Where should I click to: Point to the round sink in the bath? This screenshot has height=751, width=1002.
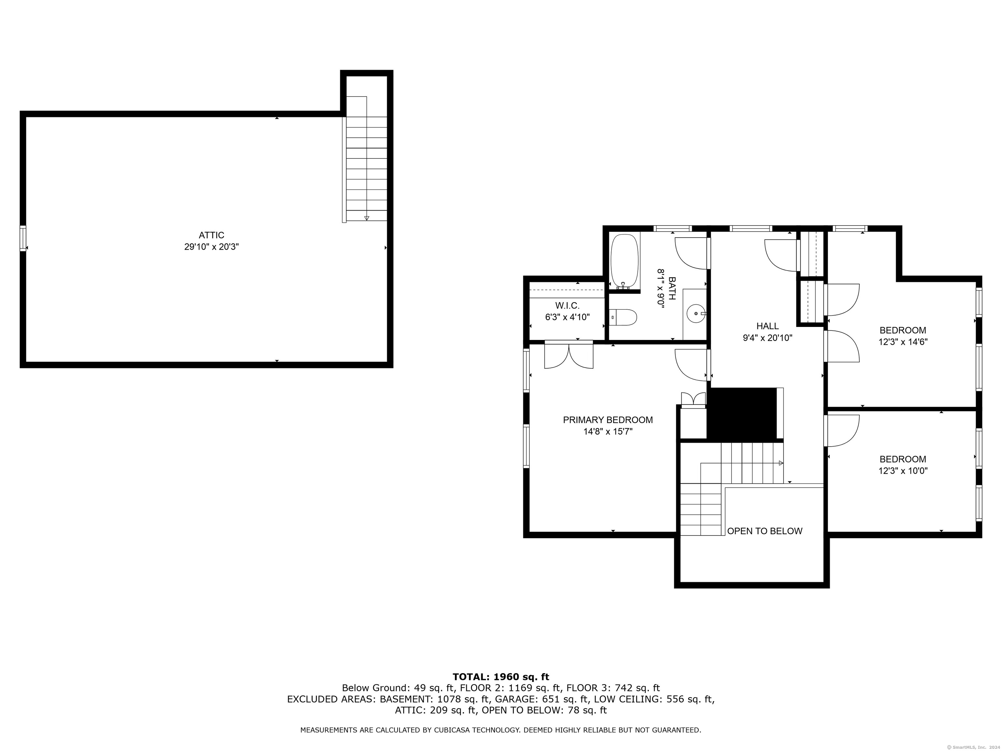696,313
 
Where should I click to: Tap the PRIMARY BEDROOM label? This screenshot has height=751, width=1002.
608,420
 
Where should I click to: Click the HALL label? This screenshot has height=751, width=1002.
767,326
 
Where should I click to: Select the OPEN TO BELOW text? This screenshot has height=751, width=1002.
765,531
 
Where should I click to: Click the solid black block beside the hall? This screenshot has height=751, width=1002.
742,414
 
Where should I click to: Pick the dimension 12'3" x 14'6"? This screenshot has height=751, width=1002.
903,342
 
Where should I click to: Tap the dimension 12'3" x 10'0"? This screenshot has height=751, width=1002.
903,471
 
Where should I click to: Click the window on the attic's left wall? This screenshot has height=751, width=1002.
23,238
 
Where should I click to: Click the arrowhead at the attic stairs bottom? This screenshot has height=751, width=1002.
367,218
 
